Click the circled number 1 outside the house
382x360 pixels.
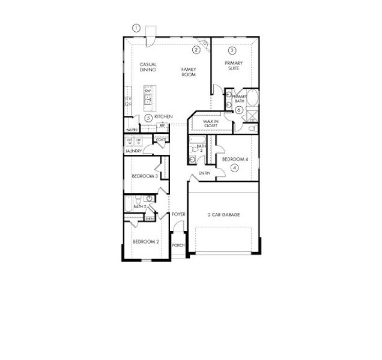click(136, 28)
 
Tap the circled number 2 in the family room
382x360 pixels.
click(196, 49)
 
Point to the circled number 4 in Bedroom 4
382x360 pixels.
click(234, 168)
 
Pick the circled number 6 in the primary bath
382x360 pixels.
click(238, 110)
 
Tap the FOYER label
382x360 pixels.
click(178, 214)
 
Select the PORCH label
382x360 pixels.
click(178, 245)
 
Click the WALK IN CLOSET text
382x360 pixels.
click(210, 123)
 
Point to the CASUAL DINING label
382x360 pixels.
click(148, 67)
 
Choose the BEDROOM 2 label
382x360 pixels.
click(145, 242)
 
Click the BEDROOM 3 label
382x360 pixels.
click(144, 176)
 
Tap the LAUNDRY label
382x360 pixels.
click(133, 151)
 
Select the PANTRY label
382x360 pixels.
click(132, 130)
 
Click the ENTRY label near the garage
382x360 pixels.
click(205, 174)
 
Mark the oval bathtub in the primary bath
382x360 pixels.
click(253, 99)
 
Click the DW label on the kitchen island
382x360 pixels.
click(147, 91)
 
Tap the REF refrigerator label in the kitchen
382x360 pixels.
click(162, 126)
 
